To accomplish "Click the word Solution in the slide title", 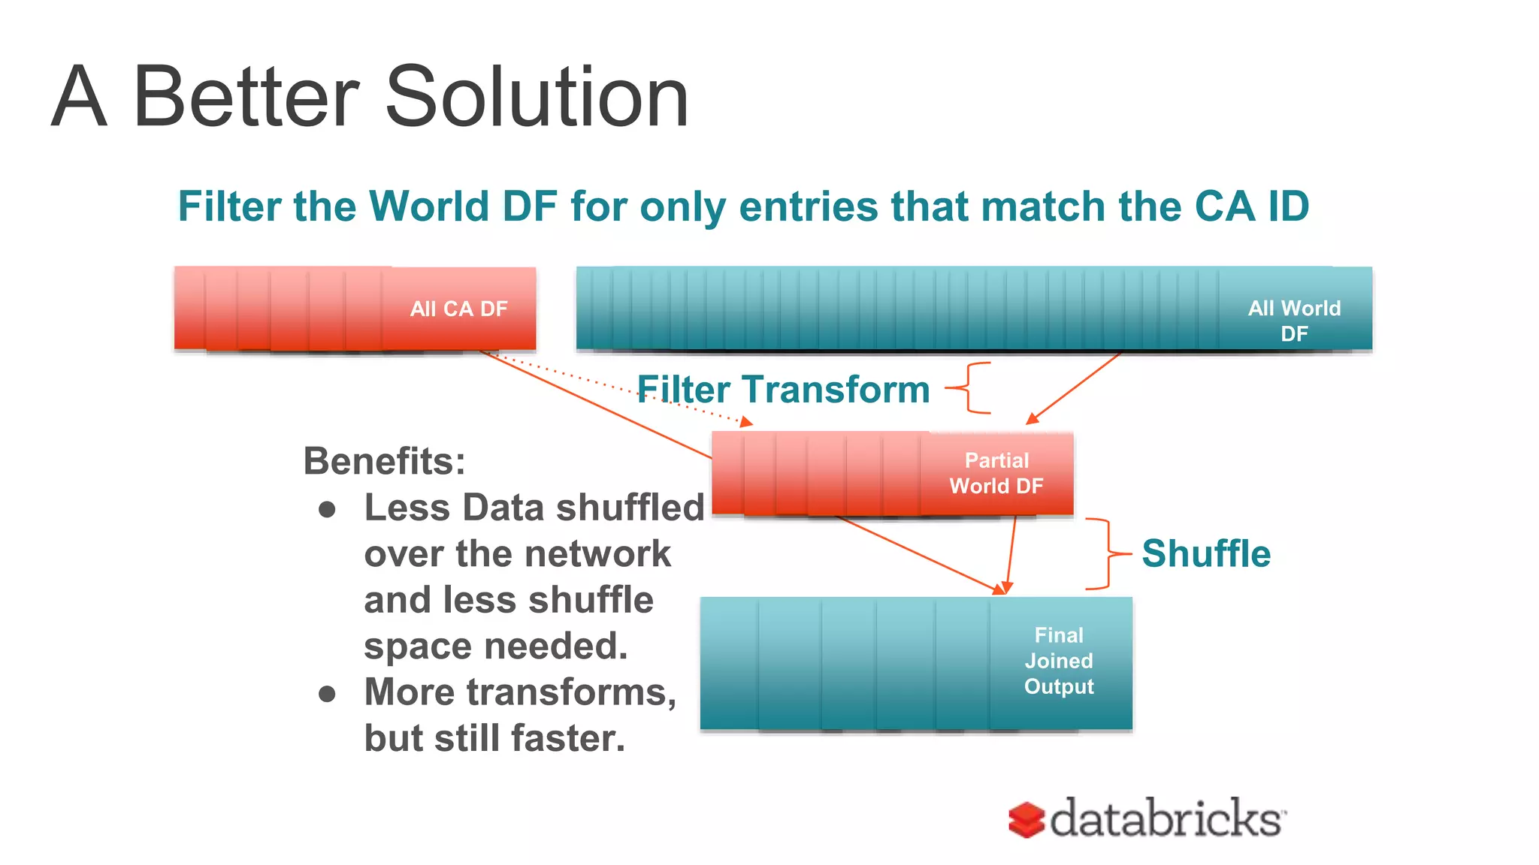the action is tap(537, 98).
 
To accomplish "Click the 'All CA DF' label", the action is tap(458, 309).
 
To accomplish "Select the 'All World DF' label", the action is tap(1294, 321).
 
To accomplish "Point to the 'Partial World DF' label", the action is tap(996, 473).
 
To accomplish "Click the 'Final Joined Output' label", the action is tap(1059, 661).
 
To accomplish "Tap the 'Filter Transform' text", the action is tap(783, 390).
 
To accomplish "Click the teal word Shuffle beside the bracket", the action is tap(1206, 554).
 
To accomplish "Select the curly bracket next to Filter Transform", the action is tap(969, 388).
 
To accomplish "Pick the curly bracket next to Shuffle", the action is tap(1107, 554).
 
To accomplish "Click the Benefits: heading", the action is tap(384, 461).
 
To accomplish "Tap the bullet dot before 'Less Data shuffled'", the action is tap(327, 510).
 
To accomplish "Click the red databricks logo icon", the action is tap(1027, 819).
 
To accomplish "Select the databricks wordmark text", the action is tap(1167, 818).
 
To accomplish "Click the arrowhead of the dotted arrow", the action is tap(746, 423).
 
